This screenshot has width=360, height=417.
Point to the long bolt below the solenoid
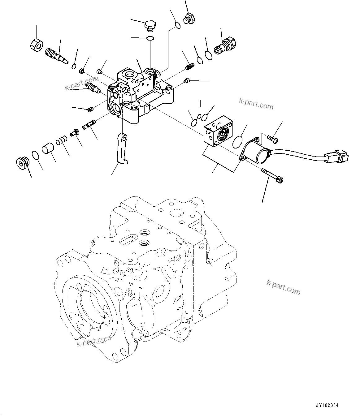[272, 175]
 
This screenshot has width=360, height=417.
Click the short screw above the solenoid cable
[272, 139]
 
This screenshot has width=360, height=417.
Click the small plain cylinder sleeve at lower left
[48, 148]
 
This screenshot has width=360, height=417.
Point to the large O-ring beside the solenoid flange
[238, 141]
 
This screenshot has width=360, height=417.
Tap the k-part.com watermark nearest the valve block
[256, 105]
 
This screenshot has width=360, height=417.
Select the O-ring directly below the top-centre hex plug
[150, 38]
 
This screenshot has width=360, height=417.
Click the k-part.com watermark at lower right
[283, 287]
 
